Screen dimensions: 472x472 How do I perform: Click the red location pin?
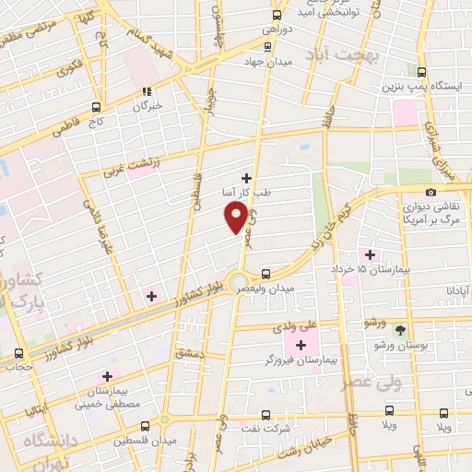237,217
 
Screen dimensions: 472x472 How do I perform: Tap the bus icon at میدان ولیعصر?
265,274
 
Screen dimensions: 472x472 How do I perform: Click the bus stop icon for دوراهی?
277,15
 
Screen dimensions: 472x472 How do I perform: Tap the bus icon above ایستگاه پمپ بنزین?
422,72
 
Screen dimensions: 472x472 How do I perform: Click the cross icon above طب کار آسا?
246,177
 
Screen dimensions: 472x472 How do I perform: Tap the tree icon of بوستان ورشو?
399,329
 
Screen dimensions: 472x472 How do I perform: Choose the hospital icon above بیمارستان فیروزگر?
301,345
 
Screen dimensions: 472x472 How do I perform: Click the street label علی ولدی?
292,326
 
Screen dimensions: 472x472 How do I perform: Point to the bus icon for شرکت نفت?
265,415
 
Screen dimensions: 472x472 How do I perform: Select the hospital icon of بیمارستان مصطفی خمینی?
108,376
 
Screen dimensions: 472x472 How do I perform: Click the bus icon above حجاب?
20,354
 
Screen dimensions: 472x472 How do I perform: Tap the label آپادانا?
457,289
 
